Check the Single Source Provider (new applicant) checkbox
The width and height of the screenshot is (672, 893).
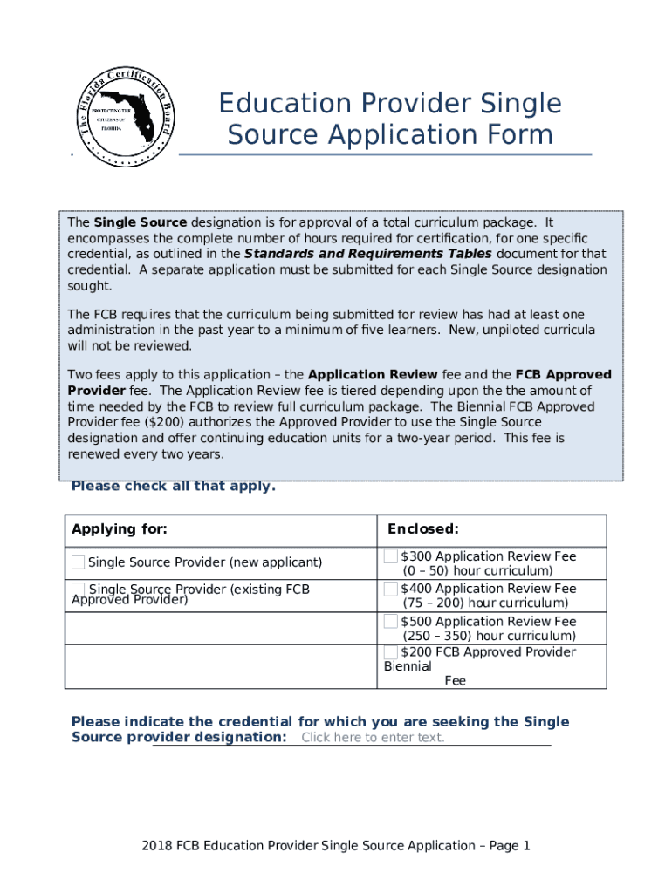[79, 562]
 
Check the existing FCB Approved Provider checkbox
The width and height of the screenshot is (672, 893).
[79, 590]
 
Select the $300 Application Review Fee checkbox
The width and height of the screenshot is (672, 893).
[391, 556]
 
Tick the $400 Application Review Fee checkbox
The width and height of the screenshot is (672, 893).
[391, 589]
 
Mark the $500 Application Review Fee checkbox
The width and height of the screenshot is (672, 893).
[391, 622]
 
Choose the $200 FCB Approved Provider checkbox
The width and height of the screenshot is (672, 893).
[391, 652]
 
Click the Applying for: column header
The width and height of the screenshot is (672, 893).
[120, 529]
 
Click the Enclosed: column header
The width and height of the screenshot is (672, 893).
[423, 529]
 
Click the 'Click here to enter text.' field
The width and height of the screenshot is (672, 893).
[373, 738]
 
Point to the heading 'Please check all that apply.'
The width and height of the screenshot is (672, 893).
[173, 487]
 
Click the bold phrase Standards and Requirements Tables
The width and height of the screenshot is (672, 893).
[367, 254]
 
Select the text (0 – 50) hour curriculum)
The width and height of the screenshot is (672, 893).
[477, 571]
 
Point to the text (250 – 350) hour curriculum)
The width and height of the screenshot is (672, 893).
[484, 637]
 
